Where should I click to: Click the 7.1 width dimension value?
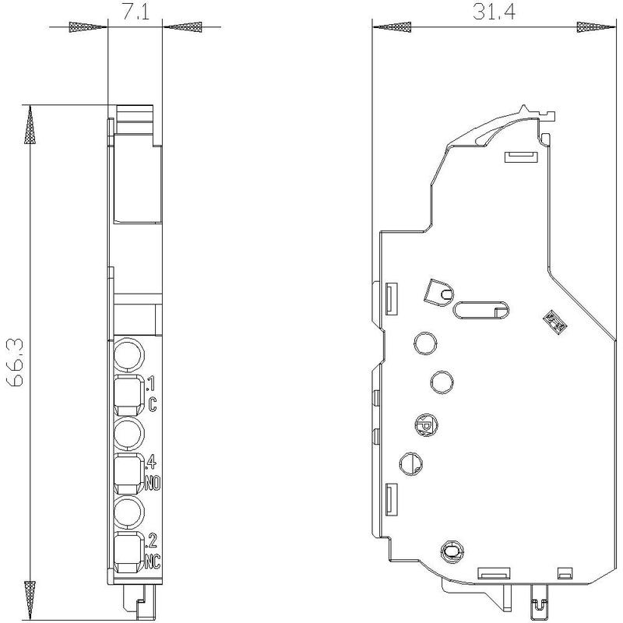pos(135,12)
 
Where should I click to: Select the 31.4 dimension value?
pos(494,12)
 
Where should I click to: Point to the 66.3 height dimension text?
pos(15,362)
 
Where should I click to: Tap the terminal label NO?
pos(153,484)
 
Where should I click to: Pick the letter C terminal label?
pos(153,405)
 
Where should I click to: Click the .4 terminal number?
pos(152,462)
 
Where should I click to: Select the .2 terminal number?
pos(152,540)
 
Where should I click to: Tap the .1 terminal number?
pos(152,384)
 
